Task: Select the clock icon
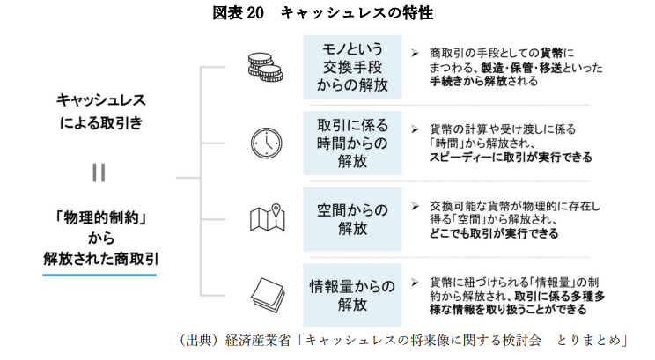coord(263,142)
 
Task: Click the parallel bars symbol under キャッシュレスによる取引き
coord(99,173)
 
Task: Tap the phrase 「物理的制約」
coord(99,216)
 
